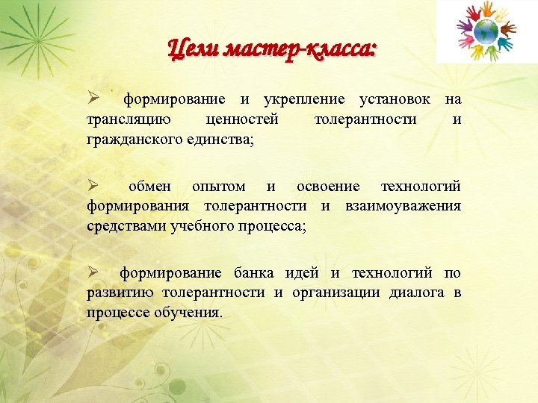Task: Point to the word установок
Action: [394, 99]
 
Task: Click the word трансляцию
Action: [128, 119]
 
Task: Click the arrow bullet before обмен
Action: [93, 186]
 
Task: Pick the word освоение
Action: [328, 186]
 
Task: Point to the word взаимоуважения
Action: [403, 206]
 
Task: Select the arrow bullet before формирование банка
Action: [93, 272]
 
